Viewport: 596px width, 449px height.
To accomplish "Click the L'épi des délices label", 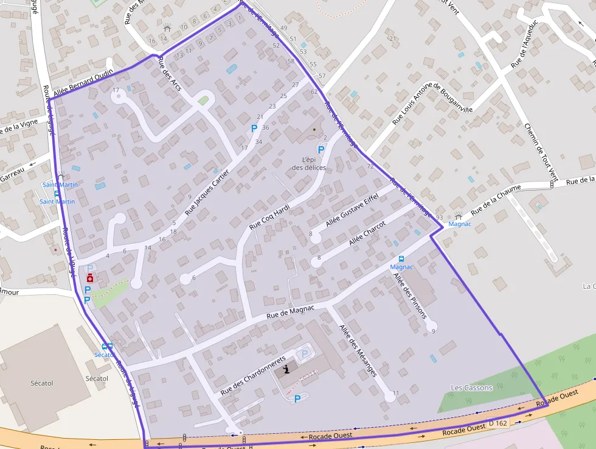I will pos(308,163).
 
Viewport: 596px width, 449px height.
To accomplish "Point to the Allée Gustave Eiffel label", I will pos(352,212).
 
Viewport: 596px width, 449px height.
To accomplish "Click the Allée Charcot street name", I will pos(367,233).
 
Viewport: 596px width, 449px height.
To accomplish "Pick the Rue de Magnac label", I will pos(290,312).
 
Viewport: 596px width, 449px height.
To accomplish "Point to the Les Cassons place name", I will pos(471,387).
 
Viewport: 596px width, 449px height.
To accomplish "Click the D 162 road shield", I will pos(497,423).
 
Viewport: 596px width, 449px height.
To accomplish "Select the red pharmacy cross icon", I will pos(90,278).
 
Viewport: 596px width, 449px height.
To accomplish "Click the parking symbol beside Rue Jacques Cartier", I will pos(254,129).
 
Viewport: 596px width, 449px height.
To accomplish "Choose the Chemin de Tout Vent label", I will pos(541,152).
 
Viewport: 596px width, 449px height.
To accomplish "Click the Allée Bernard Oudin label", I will pos(83,84).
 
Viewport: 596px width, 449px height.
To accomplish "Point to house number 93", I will pos(439,218).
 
